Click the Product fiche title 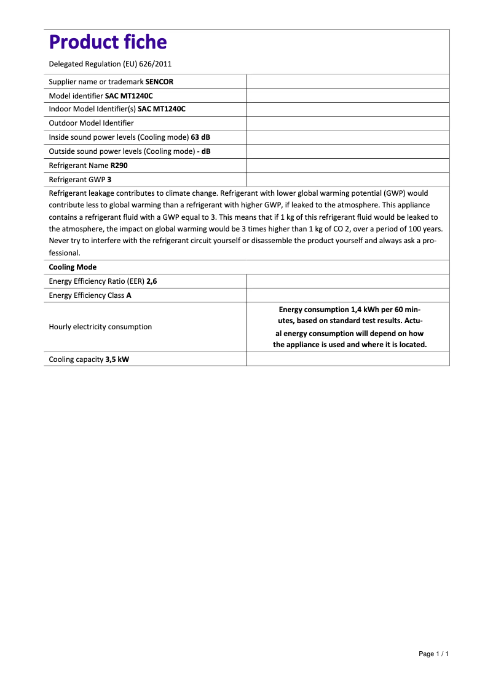(108, 42)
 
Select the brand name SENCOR (159, 82)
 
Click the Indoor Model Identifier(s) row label (92, 109)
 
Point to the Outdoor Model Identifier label (91, 123)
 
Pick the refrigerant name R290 (119, 166)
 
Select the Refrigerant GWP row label (77, 180)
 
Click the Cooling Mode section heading (73, 267)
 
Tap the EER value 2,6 (151, 281)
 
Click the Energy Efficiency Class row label (87, 295)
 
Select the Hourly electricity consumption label (100, 327)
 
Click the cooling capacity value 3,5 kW (117, 359)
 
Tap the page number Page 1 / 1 (433, 654)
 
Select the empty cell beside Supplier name (347, 82)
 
